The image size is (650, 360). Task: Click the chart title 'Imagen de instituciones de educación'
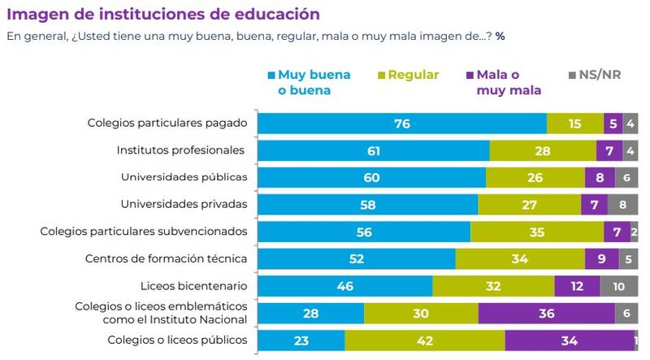[x=163, y=15]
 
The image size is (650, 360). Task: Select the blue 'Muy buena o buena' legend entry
[x=308, y=82]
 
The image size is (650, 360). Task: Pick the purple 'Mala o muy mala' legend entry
[x=504, y=82]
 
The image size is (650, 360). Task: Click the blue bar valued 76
[x=402, y=124]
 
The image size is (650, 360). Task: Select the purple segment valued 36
[x=546, y=313]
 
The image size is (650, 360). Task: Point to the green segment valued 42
[x=424, y=340]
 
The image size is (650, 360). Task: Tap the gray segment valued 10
[x=619, y=286]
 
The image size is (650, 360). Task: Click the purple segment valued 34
[x=569, y=340]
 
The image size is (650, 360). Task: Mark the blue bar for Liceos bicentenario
[x=345, y=286]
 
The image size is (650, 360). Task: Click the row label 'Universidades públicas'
[x=184, y=176]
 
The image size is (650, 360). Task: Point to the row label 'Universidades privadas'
[x=184, y=203]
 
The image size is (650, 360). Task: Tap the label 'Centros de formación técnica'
[x=166, y=258]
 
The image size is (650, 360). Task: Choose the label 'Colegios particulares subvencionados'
[x=144, y=231]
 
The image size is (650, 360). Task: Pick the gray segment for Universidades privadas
[x=622, y=204]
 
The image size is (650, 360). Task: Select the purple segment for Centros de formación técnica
[x=600, y=258]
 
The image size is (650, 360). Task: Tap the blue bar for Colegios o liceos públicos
[x=301, y=340]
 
